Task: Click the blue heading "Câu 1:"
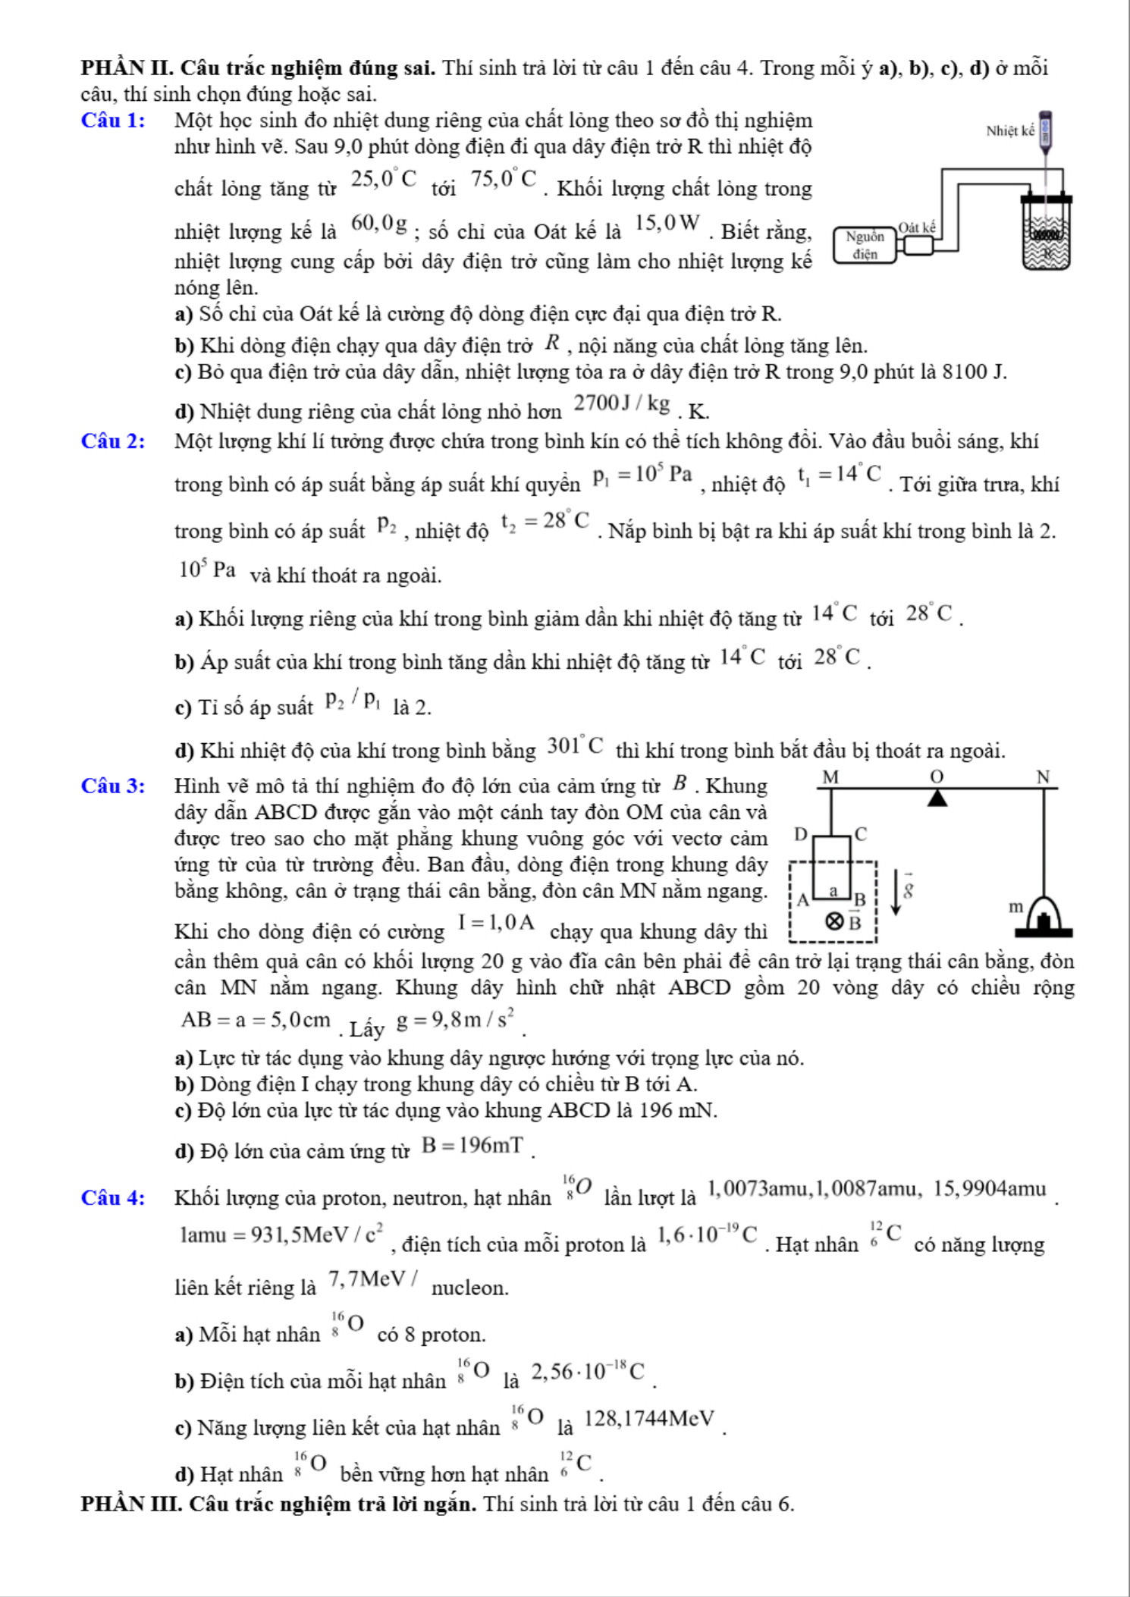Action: point(113,121)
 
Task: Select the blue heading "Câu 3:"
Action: point(113,786)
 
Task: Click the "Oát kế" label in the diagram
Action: point(918,227)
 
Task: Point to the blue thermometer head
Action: point(1047,130)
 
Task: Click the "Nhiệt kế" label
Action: point(1009,131)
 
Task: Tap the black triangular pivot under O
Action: point(938,798)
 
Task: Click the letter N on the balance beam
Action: point(1044,777)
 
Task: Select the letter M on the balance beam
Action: point(831,777)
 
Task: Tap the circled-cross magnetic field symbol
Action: point(834,921)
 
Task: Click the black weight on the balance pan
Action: point(1044,922)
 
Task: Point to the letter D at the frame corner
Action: point(800,835)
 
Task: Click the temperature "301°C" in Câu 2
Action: point(575,747)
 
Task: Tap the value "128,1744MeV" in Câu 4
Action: point(649,1419)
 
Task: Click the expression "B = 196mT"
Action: point(472,1146)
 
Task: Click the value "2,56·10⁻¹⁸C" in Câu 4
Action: point(588,1373)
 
